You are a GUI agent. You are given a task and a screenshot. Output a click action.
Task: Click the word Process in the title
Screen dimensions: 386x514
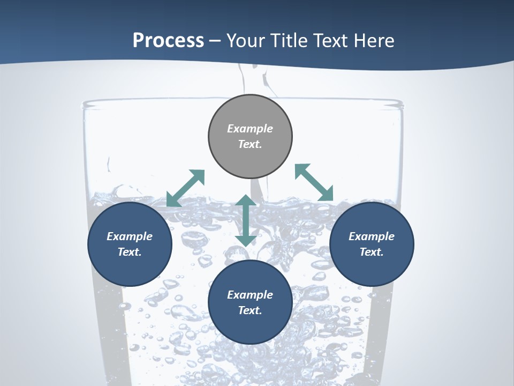(168, 41)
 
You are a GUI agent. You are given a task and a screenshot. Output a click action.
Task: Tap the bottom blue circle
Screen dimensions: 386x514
(250, 327)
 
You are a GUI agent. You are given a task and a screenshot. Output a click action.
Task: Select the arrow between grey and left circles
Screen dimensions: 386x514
(186, 188)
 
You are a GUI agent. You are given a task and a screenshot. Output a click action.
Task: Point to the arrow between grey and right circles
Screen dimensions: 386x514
(314, 183)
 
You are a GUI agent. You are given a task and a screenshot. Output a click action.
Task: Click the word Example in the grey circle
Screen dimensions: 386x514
(250, 129)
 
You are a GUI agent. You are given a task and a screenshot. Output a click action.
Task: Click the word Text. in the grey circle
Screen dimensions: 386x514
(250, 144)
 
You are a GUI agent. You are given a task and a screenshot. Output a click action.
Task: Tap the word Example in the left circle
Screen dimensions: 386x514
(130, 236)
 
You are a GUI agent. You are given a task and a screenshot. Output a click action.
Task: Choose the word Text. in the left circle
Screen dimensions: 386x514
(130, 252)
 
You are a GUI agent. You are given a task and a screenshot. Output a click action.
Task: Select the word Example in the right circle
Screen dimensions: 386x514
(372, 236)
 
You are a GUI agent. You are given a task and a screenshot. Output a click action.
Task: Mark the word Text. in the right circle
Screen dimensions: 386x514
(372, 252)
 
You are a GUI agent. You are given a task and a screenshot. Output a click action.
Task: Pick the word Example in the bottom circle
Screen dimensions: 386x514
(250, 295)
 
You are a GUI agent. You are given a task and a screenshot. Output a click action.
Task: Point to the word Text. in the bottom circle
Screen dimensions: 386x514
(250, 310)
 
